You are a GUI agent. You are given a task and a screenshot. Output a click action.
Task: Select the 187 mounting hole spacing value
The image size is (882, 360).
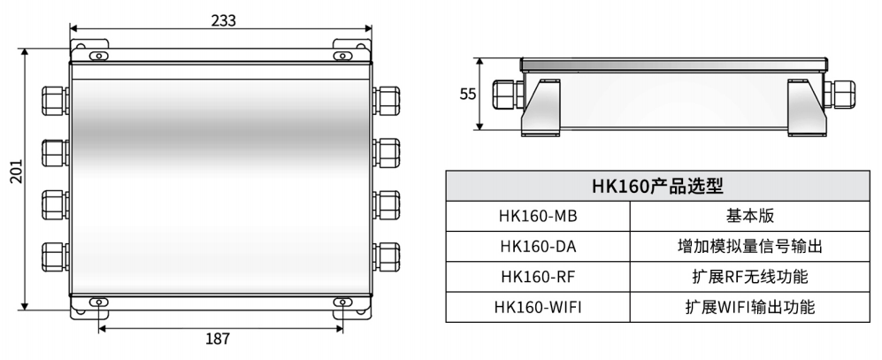219,339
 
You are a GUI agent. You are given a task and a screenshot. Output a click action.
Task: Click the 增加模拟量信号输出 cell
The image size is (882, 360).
749,248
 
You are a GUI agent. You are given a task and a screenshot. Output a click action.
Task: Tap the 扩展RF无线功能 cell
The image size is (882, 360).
749,278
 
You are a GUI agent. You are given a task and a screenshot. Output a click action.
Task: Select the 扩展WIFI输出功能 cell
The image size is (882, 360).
749,308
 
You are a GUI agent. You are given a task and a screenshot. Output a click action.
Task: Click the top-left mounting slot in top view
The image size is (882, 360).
98,56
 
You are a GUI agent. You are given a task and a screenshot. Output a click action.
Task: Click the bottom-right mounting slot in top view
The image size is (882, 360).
342,303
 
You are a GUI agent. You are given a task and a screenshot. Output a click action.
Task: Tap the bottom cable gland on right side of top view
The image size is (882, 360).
387,257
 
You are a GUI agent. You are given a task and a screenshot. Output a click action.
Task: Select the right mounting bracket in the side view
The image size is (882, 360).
806,106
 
